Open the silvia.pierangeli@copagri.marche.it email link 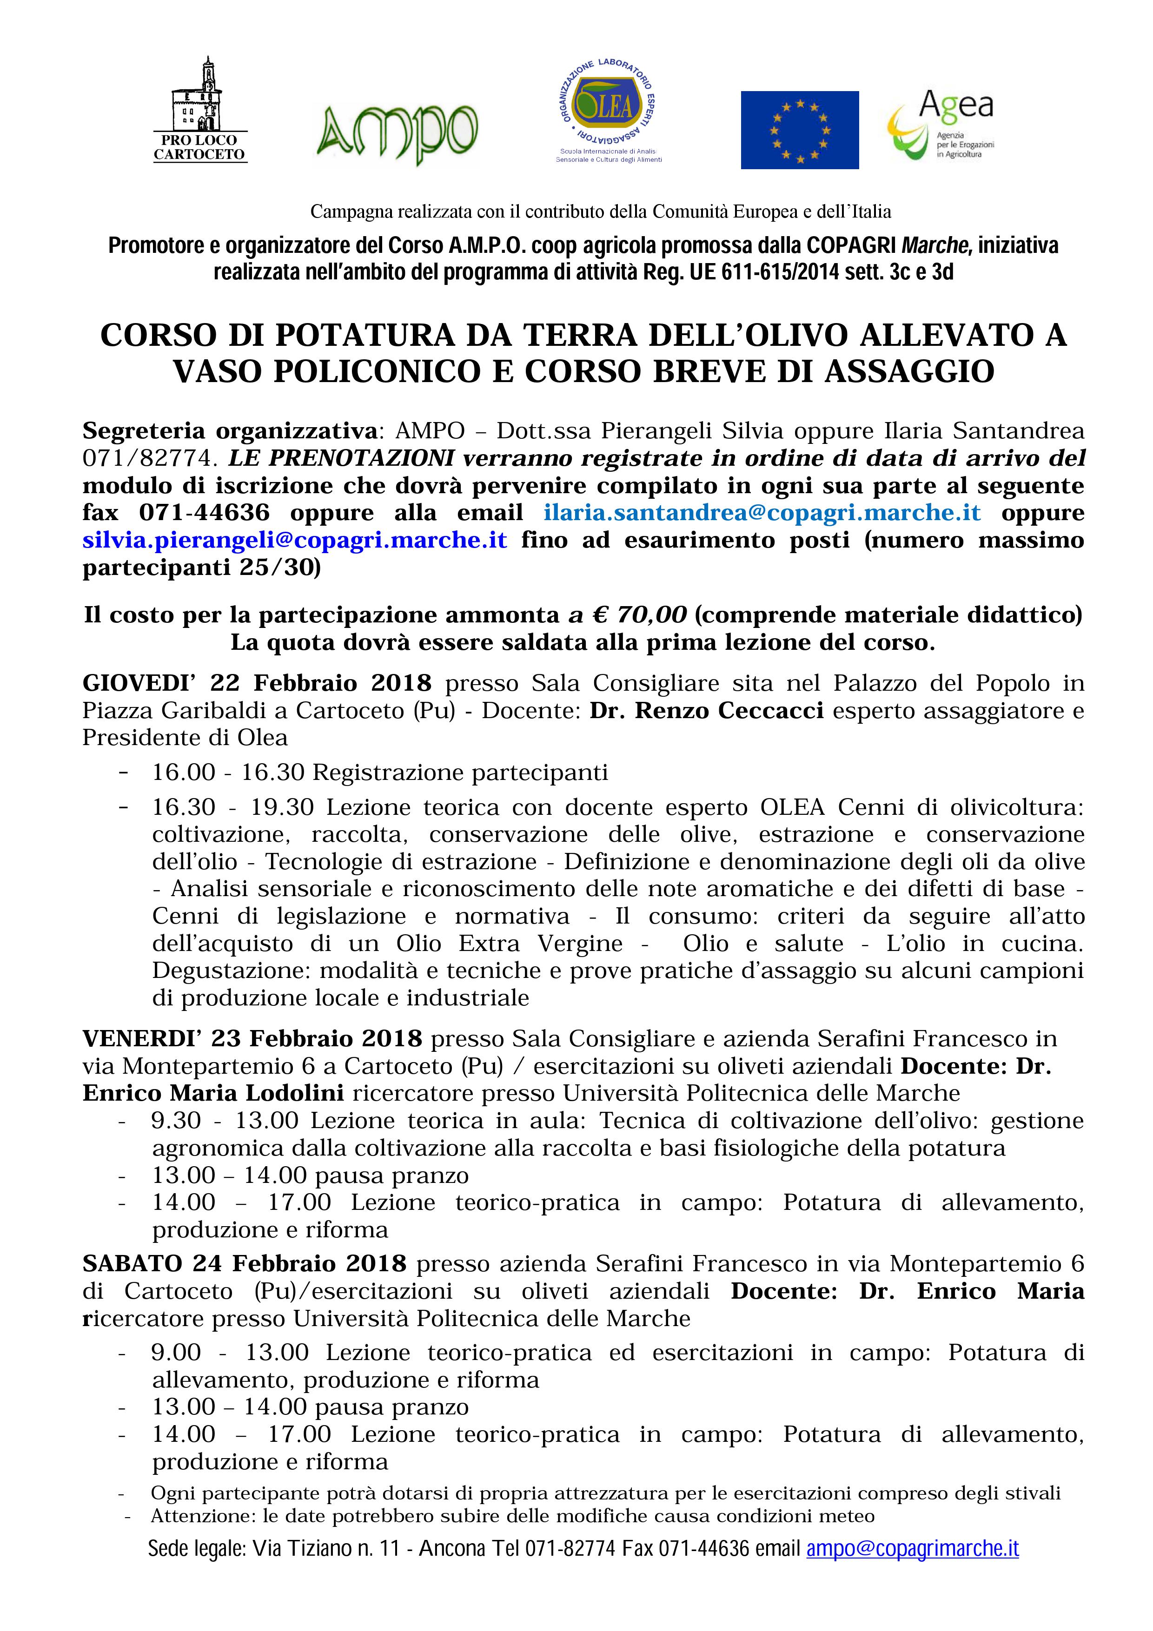click(295, 540)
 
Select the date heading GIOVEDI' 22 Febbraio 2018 click(257, 683)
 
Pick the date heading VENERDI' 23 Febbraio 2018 click(252, 1038)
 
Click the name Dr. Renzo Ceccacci click(706, 710)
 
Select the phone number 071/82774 click(147, 458)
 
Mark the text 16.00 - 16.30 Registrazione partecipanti click(379, 772)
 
